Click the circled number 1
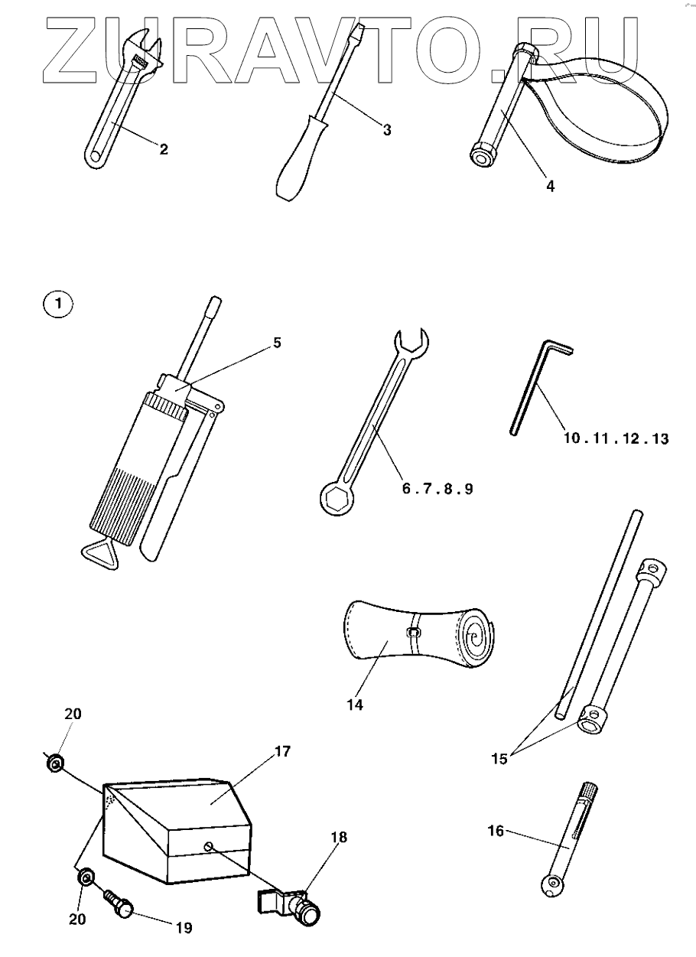tap(58, 304)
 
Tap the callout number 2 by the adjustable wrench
tap(164, 149)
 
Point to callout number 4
tap(550, 184)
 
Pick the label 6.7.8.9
tap(437, 487)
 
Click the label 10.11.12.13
tap(616, 438)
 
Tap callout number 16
tap(496, 831)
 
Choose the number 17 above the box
tap(282, 752)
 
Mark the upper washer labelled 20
tap(54, 763)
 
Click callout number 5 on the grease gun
tap(278, 342)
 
